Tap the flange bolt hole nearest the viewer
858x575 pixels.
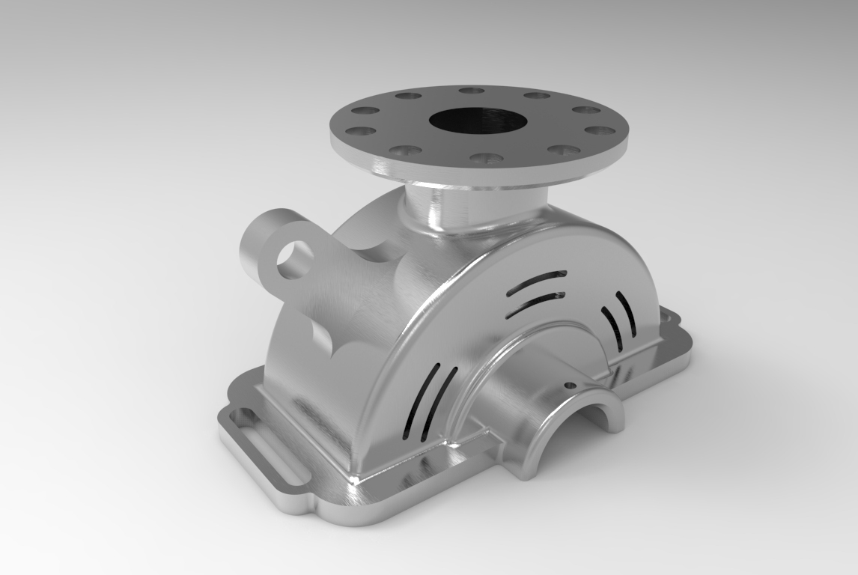tap(487, 159)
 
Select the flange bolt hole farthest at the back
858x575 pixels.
tap(472, 91)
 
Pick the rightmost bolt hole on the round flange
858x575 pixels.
tap(600, 130)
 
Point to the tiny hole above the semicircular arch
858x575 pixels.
tap(570, 386)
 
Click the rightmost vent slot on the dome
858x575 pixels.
tap(626, 313)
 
